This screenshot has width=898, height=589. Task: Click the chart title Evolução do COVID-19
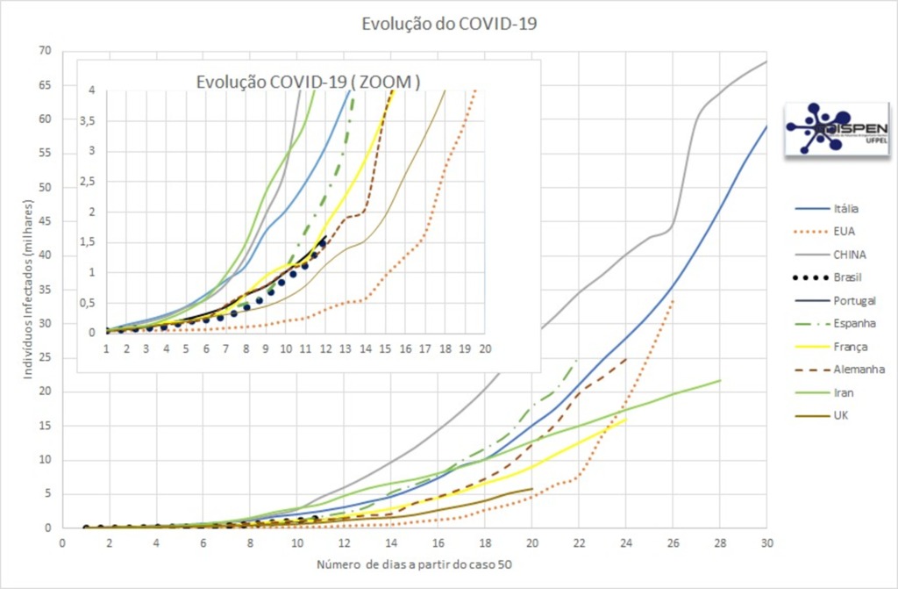[449, 24]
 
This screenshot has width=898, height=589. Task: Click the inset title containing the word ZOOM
[308, 82]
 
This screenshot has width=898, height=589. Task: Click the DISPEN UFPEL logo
[823, 128]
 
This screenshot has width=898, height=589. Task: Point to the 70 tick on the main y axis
[44, 51]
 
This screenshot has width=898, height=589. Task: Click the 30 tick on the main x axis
[766, 543]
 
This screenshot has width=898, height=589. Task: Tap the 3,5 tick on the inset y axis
[88, 119]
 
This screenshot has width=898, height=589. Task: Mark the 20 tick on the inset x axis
[484, 348]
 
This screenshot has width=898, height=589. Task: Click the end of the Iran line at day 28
[720, 380]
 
